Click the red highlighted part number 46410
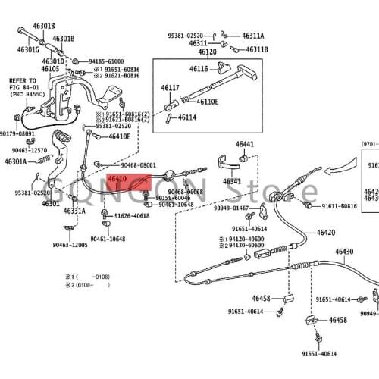point(117,180)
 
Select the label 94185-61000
point(106,61)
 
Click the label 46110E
point(207,102)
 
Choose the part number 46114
point(186,117)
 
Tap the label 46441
point(244,144)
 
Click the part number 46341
point(233,182)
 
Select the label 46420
point(326,233)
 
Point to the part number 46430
point(344,252)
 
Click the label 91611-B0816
point(339,206)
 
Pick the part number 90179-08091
point(17,133)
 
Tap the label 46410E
point(119,136)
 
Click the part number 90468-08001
point(139,164)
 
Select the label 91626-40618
point(132,216)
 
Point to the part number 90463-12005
point(70,245)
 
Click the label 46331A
point(74,211)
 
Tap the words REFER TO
point(22,80)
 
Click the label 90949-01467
point(231,208)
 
